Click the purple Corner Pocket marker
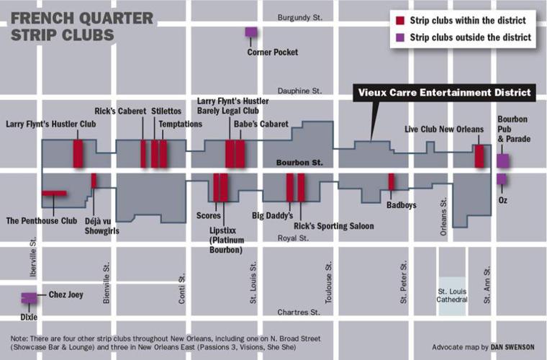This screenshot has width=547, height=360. coord(250,32)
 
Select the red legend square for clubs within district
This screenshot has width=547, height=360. coord(399,21)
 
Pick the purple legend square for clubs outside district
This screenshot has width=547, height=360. coord(399,37)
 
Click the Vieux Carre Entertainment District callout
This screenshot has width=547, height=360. coord(445,93)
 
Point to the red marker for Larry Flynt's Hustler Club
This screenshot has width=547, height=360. coord(78,153)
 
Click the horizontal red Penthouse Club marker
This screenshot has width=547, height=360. coord(54,193)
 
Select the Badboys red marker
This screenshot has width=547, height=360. coord(392,182)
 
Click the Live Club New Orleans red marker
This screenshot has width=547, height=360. coord(479,156)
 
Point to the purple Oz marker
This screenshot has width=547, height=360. coord(501,179)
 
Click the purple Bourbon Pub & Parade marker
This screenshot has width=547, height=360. coord(502,161)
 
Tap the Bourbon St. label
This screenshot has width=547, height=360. coord(298,163)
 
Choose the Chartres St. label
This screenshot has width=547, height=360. coord(299,312)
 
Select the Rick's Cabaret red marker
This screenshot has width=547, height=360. coord(143,153)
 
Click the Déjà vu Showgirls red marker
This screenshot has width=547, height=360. coord(94,181)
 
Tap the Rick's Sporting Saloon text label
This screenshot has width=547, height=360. coord(333,226)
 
